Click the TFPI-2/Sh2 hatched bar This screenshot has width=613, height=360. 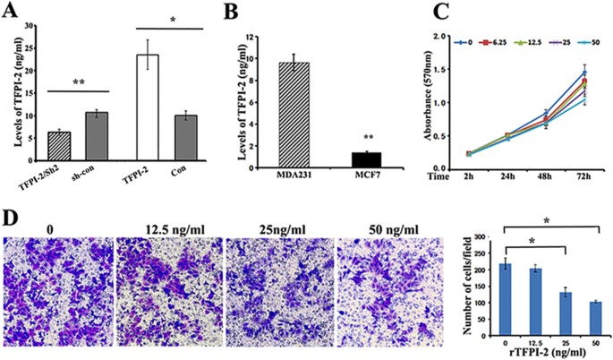[x=59, y=147]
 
